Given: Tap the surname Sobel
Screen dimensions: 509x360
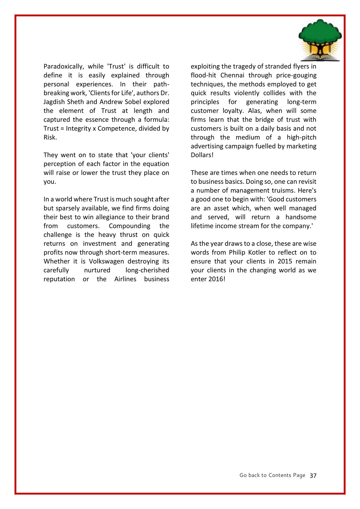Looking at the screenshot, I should click(133, 102).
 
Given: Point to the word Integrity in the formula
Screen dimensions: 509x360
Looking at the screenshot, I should click(78, 128).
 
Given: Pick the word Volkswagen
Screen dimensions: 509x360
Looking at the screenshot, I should click(106, 261).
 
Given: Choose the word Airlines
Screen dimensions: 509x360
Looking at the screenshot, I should click(125, 279).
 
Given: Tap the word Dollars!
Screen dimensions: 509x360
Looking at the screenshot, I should click(202, 155).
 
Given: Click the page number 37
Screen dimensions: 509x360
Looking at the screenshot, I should click(313, 476).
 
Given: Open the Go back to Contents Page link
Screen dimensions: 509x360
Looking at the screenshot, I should click(272, 475).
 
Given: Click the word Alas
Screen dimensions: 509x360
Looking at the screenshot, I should click(254, 111).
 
